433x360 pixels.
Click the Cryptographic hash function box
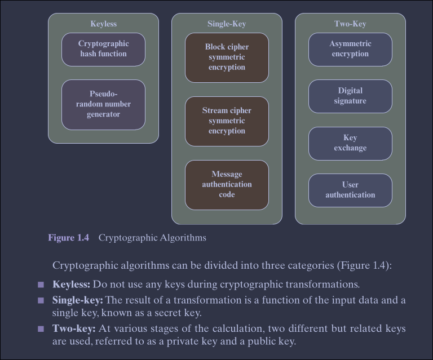103,49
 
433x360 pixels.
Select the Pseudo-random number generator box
103,104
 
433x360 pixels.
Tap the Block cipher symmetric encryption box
227,57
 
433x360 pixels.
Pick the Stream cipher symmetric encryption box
227,121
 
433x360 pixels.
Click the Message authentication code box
227,185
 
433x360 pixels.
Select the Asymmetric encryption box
350,49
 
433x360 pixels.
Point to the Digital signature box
350,96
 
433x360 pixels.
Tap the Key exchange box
350,143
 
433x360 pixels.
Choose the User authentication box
350,190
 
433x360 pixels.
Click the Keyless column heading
103,24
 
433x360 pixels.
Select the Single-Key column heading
227,24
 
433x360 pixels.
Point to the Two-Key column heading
350,24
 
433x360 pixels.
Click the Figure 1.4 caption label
68,238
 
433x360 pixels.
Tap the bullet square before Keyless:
41,285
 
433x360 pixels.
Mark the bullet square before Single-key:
41,300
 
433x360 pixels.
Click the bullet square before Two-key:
41,329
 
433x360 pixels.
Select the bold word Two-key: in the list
74,328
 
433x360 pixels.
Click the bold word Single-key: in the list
77,300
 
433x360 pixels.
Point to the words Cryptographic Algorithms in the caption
152,238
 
